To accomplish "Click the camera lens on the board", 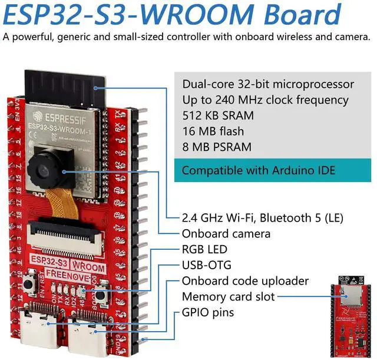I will point(45,170).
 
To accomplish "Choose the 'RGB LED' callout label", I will point(204,249).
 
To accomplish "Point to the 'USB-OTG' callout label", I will point(206,265).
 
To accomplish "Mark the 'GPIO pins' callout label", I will point(207,312).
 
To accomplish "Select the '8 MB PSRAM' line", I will point(217,147).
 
